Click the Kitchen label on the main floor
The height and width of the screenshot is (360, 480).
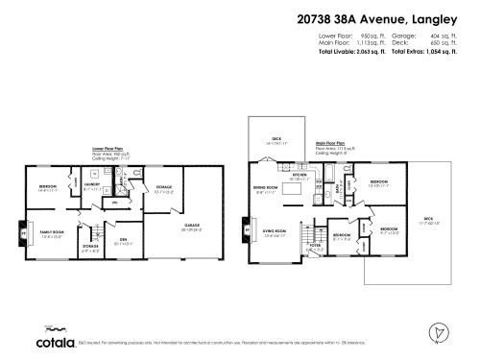299,176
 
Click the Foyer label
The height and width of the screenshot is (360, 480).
315,245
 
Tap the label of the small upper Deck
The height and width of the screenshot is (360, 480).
276,139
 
